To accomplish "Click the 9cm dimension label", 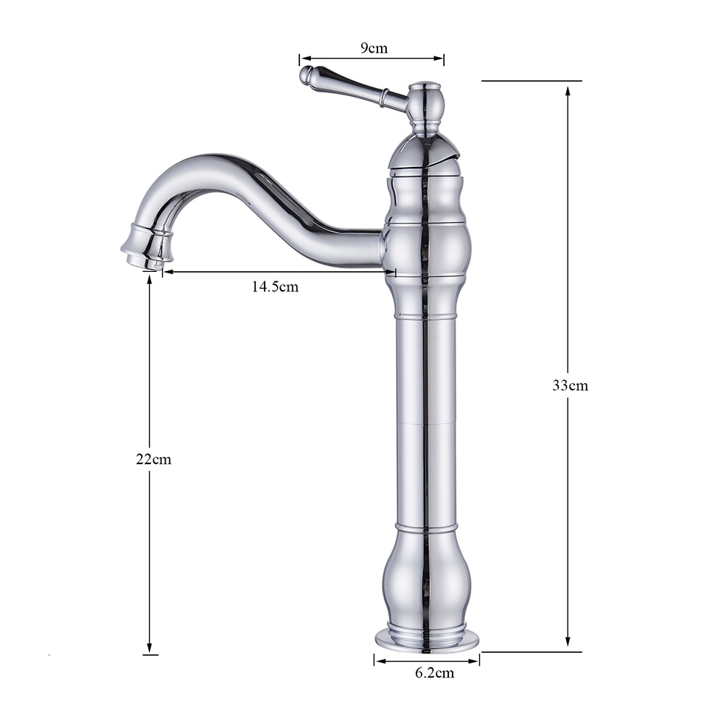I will click(374, 49).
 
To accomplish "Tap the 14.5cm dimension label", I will click(275, 287).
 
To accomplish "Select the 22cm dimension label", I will click(153, 459).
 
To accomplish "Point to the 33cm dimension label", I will click(570, 385).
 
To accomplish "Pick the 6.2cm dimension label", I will click(435, 673).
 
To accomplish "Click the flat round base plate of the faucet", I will click(427, 641).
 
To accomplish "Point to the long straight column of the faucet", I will click(427, 419).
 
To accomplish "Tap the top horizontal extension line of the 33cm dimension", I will click(531, 81).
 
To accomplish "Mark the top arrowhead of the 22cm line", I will click(150, 279).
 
